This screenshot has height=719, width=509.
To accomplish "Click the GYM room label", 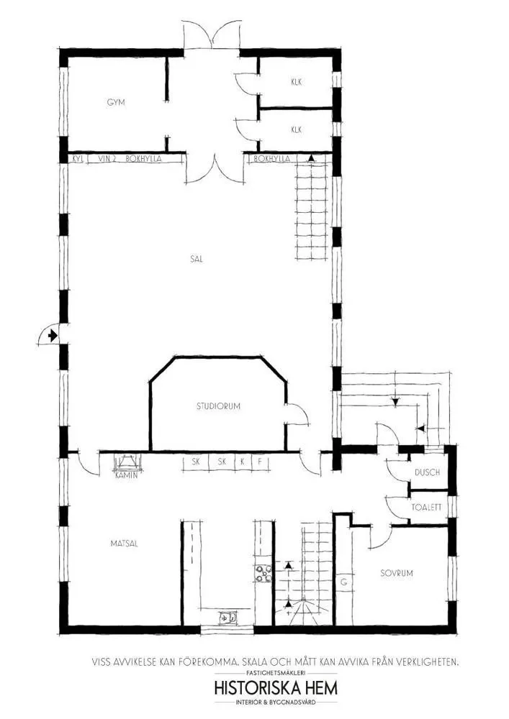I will [116, 102].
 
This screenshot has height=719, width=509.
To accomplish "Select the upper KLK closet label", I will [296, 82].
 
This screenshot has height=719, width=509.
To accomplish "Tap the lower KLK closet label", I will [296, 130].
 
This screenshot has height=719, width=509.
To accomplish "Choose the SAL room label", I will [197, 260].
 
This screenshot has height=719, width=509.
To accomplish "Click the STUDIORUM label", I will [218, 406].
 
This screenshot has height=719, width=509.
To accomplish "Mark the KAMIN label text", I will [126, 475].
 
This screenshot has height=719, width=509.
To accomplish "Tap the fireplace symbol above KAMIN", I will [127, 462].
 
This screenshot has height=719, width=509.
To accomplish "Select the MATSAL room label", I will [124, 544].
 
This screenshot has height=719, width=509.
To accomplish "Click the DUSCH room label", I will [425, 473].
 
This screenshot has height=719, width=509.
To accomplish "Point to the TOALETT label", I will [426, 507].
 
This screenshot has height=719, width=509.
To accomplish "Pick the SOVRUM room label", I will [396, 574].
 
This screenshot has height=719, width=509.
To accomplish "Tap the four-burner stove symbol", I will [262, 573].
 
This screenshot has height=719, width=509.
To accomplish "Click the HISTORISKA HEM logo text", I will [276, 688].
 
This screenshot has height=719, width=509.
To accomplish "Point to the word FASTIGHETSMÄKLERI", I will [276, 672].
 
